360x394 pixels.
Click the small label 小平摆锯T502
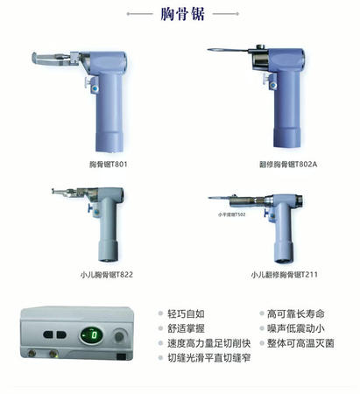232,213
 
